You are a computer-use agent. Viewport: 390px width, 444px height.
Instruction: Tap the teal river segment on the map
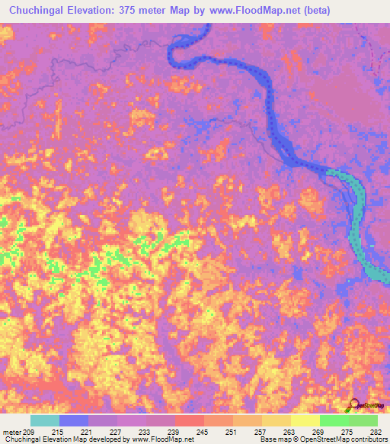tap(358, 221)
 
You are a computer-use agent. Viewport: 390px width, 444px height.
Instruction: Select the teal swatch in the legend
tap(44, 420)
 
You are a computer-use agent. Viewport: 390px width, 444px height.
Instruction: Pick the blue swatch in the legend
tap(74, 420)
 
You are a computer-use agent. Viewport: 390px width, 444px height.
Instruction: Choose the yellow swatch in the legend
tap(305, 420)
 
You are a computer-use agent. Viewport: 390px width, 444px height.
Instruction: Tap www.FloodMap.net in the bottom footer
tap(161, 439)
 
